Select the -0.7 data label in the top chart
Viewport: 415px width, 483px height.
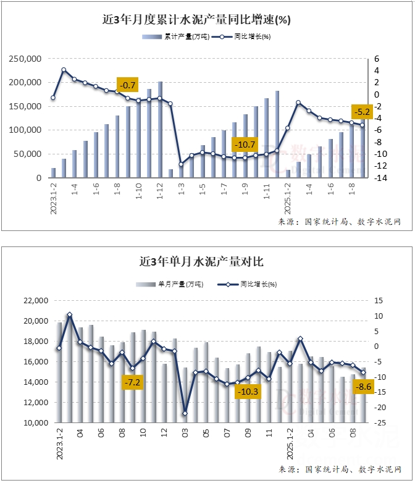click(x=128, y=85)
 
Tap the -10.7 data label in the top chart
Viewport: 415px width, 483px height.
click(x=244, y=145)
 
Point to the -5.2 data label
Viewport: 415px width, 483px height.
click(x=361, y=112)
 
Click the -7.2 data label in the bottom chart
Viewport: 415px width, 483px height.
click(x=132, y=383)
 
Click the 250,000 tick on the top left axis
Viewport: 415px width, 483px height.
click(x=25, y=59)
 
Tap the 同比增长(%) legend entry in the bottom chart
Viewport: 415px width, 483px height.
click(x=247, y=284)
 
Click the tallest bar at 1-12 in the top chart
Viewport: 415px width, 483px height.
click(x=160, y=130)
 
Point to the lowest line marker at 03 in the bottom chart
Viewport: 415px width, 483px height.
click(x=185, y=413)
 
